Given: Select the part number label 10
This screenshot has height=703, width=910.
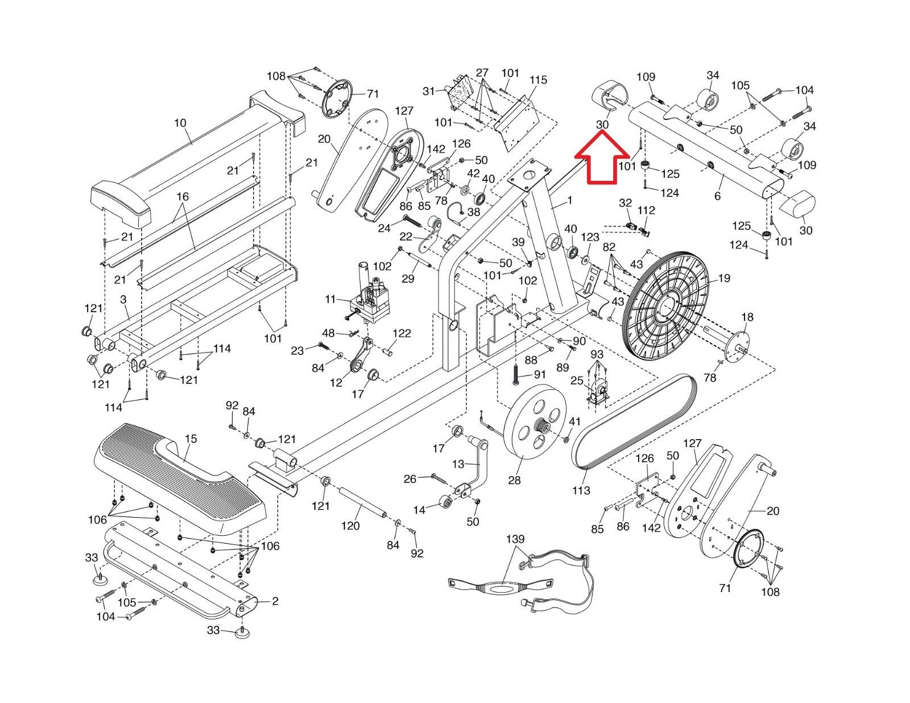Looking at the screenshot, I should (180, 123).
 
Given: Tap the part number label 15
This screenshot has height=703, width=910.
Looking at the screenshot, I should (191, 439).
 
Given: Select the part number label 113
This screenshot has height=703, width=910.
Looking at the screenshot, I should (581, 490).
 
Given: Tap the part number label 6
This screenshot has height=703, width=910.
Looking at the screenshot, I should (718, 196).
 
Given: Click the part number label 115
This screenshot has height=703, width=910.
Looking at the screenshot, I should (537, 80).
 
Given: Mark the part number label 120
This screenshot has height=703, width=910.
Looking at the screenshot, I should (350, 526).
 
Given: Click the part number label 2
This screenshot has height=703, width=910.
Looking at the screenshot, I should (275, 601).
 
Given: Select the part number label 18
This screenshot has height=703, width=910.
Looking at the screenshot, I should (747, 317).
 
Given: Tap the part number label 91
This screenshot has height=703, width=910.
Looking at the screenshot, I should (539, 375).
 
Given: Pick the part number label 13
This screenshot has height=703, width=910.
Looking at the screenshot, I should (458, 464).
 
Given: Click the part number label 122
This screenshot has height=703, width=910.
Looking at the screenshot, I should (402, 333).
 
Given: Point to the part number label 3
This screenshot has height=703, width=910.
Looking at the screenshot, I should (123, 299).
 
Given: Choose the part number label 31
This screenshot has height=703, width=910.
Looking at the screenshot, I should (429, 91).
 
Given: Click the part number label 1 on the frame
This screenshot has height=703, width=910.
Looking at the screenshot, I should (569, 200).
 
